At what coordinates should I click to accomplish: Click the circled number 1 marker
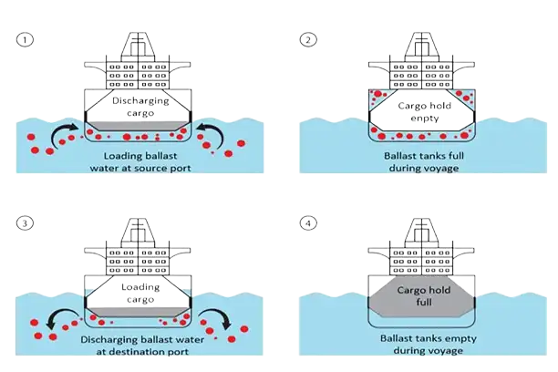(25, 39)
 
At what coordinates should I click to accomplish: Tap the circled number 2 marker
(308, 39)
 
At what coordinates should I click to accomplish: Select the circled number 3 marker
(25, 221)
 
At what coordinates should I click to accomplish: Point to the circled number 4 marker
(308, 221)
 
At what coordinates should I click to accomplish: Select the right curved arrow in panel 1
(208, 132)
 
